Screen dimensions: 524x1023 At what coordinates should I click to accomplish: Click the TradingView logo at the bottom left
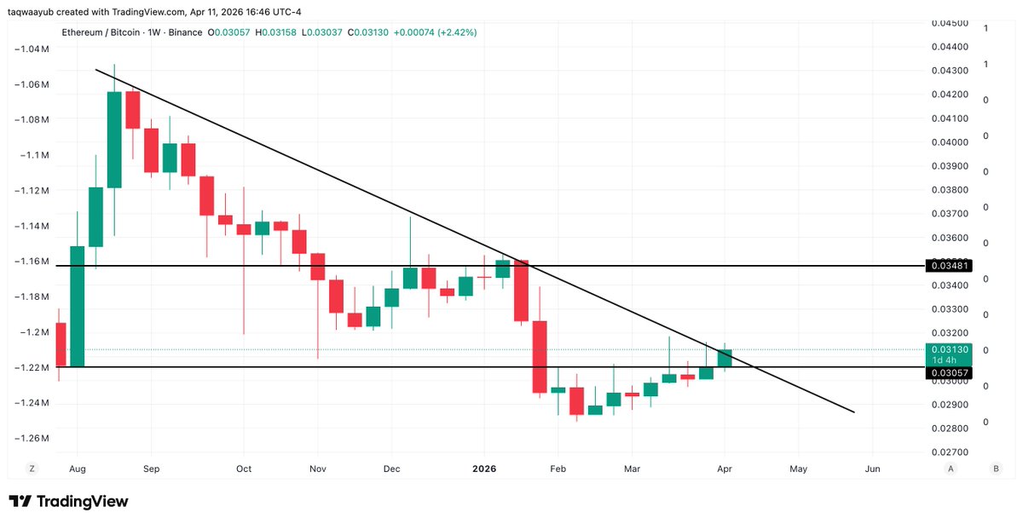(68, 502)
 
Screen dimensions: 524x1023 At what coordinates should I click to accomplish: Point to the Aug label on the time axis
(77, 469)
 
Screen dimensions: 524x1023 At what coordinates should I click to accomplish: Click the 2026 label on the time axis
(484, 469)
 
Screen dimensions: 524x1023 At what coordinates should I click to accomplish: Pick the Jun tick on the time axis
(872, 469)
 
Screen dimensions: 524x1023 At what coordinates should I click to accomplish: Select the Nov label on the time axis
(318, 469)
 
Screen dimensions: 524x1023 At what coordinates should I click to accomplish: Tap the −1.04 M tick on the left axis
(32, 49)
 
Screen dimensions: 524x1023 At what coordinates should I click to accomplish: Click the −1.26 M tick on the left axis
(32, 438)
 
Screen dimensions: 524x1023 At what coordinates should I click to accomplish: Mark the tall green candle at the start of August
(77, 306)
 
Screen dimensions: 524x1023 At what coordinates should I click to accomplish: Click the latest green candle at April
(725, 359)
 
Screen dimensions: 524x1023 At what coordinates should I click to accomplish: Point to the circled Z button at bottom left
(32, 469)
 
